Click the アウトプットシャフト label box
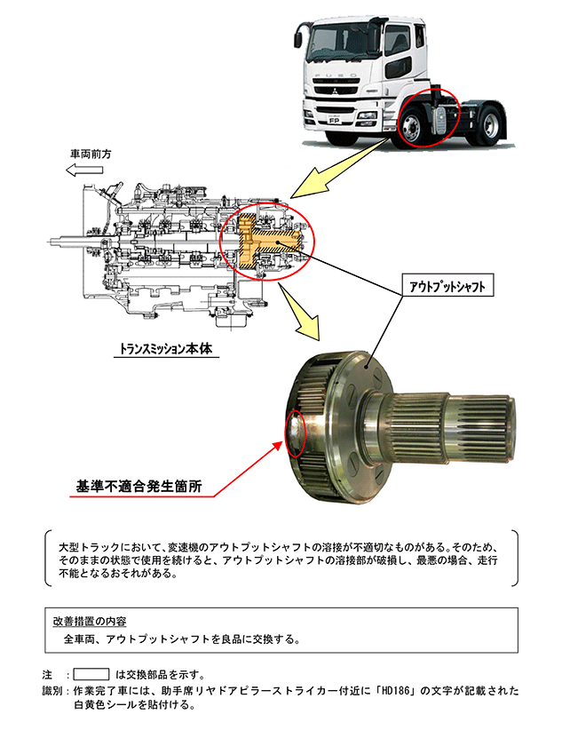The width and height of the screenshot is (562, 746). pos(448,286)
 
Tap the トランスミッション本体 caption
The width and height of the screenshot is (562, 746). pos(166,349)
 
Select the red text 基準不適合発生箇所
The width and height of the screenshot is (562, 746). pos(139,487)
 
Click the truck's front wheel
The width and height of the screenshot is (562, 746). pos(416,123)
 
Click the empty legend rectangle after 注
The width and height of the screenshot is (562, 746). pos(91,673)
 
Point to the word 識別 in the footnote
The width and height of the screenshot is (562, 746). pos(51,690)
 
